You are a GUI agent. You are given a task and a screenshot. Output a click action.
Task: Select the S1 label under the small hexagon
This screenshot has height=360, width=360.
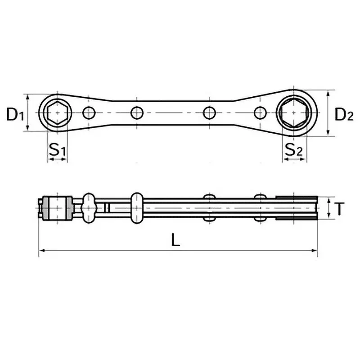[x=57, y=150]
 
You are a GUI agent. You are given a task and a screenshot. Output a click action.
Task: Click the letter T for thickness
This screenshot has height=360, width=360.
[x=341, y=208]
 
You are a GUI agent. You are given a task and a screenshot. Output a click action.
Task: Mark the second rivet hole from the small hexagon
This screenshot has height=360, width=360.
[x=136, y=112]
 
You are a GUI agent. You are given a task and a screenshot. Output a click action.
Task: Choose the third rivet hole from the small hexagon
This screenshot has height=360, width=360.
[x=208, y=112]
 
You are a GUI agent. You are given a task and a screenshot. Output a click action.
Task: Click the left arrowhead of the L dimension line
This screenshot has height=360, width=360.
[x=42, y=251]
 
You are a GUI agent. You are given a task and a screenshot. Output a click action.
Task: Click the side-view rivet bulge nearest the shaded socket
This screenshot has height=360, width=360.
[x=89, y=208]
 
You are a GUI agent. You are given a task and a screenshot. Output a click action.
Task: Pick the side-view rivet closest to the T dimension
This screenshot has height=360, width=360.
[x=260, y=208]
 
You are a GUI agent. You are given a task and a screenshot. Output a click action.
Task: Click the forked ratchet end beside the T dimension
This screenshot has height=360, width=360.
[x=297, y=208]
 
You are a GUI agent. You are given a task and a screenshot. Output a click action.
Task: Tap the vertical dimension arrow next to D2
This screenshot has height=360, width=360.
[x=330, y=112]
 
